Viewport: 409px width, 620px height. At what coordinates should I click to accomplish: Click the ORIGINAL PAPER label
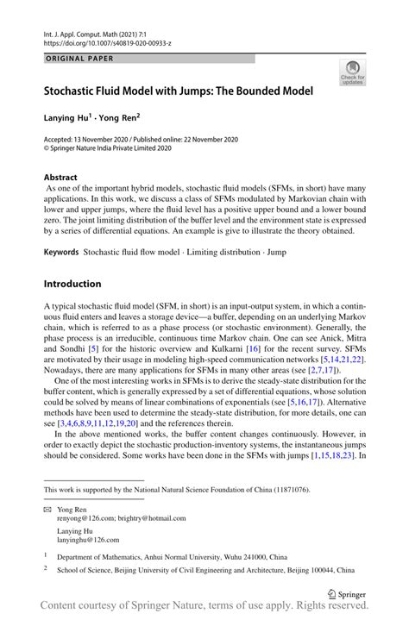[x=79, y=59]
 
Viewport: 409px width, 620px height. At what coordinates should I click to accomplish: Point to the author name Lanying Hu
[x=69, y=115]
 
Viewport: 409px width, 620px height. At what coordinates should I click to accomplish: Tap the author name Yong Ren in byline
[x=117, y=115]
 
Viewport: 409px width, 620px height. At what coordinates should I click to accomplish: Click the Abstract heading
[x=66, y=177]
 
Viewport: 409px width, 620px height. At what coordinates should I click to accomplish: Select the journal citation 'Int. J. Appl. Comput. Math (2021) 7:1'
[x=100, y=30]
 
